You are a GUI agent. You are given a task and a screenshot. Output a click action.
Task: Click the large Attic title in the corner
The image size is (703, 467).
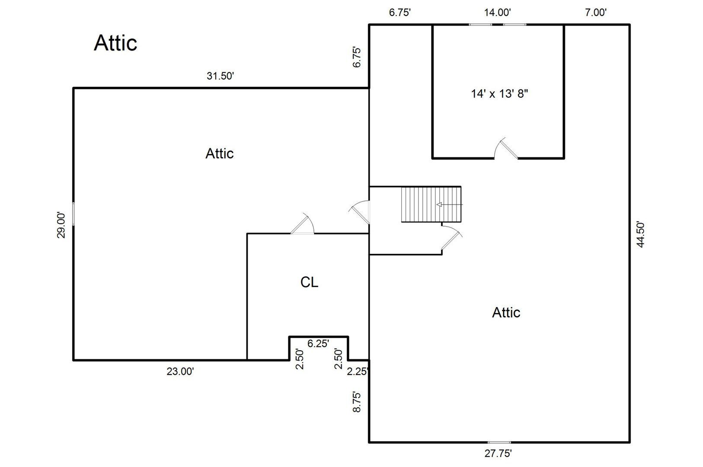(x=115, y=43)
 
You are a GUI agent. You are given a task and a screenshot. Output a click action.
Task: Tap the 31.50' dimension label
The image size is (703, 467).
(x=220, y=77)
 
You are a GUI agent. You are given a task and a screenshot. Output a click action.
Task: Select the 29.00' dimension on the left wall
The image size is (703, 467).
(x=62, y=225)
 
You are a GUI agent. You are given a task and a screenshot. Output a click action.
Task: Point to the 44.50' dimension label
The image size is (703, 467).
(x=641, y=234)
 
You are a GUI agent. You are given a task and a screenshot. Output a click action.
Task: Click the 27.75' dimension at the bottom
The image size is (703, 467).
(x=498, y=453)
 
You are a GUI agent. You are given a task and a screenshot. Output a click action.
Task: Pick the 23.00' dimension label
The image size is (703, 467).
(x=180, y=371)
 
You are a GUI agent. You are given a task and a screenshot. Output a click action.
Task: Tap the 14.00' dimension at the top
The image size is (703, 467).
(x=497, y=13)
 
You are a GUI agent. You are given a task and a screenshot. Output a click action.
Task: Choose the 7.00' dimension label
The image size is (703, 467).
(x=595, y=13)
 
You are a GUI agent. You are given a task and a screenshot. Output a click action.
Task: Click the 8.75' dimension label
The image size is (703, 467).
(x=357, y=402)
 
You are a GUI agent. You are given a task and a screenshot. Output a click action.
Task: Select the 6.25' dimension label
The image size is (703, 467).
(x=318, y=344)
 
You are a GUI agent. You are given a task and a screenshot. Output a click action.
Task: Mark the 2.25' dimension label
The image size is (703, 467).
(x=358, y=371)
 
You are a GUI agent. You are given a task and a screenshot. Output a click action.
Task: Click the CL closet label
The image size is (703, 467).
(x=309, y=282)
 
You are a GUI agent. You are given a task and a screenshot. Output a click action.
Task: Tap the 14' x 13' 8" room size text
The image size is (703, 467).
(x=500, y=93)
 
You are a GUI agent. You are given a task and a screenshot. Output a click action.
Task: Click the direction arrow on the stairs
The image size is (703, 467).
(x=450, y=205)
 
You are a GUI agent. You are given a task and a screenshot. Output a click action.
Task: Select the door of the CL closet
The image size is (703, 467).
(x=302, y=225)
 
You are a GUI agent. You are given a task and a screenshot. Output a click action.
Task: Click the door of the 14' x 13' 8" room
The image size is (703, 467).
(x=506, y=149)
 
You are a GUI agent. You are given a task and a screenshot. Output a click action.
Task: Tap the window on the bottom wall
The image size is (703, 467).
(x=499, y=442)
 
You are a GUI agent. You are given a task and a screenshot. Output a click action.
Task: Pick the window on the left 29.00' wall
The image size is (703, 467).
(x=73, y=214)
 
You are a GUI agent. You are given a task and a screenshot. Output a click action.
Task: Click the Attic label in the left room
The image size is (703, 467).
(x=219, y=154)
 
